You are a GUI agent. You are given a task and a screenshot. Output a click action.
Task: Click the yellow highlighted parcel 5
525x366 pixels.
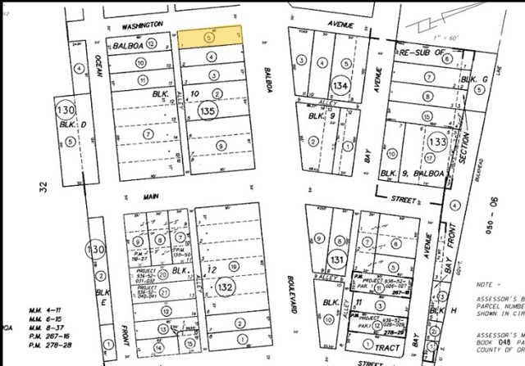[x=211, y=37]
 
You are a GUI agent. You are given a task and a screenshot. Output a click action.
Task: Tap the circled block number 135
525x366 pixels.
[x=208, y=109]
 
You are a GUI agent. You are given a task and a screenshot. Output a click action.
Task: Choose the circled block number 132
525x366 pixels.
[x=224, y=288]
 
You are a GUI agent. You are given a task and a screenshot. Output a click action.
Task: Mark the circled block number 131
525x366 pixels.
[x=336, y=260]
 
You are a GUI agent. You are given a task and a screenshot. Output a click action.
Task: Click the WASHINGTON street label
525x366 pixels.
[x=139, y=25]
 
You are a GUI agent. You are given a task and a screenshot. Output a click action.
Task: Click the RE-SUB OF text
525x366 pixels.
[x=422, y=51]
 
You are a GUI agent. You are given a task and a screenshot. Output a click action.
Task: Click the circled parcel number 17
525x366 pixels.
[x=428, y=156]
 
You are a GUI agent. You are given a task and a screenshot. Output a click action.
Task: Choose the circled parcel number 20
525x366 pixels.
[x=163, y=275]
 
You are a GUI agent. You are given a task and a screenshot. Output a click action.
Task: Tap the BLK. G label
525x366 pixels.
[x=468, y=78]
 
